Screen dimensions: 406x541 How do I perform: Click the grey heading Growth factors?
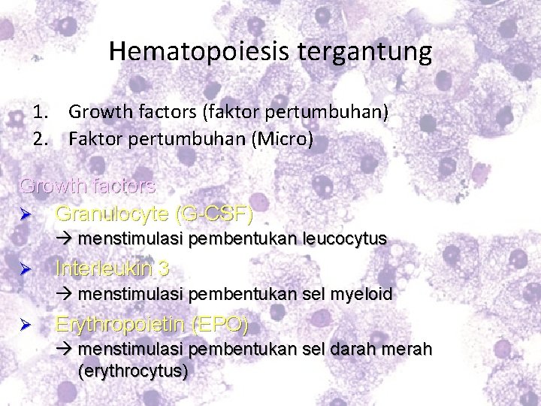(87, 185)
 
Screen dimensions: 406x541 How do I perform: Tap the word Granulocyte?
(111, 214)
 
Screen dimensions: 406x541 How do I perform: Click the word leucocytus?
(345, 239)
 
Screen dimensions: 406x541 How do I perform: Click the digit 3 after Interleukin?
(164, 268)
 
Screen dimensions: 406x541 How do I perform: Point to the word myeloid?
(358, 294)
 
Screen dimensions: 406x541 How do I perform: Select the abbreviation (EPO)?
(220, 325)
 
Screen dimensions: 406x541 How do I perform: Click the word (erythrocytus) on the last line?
(132, 371)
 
